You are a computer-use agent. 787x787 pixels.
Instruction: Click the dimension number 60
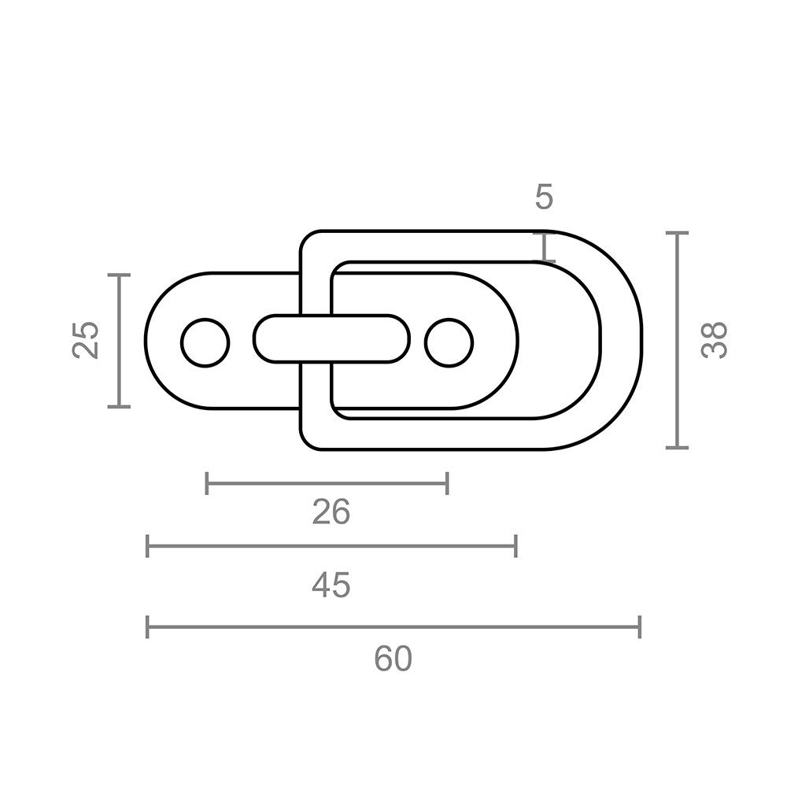(393, 659)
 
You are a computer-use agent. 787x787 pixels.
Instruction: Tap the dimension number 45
(331, 585)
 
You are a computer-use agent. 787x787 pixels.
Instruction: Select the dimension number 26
(331, 512)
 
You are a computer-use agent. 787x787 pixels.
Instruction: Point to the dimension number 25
(85, 340)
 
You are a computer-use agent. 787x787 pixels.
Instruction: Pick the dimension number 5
(544, 196)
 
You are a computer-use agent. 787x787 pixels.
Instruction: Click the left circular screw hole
(205, 343)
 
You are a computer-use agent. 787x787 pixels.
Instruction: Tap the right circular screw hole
(449, 343)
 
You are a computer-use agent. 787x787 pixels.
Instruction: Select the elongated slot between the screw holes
(331, 338)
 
